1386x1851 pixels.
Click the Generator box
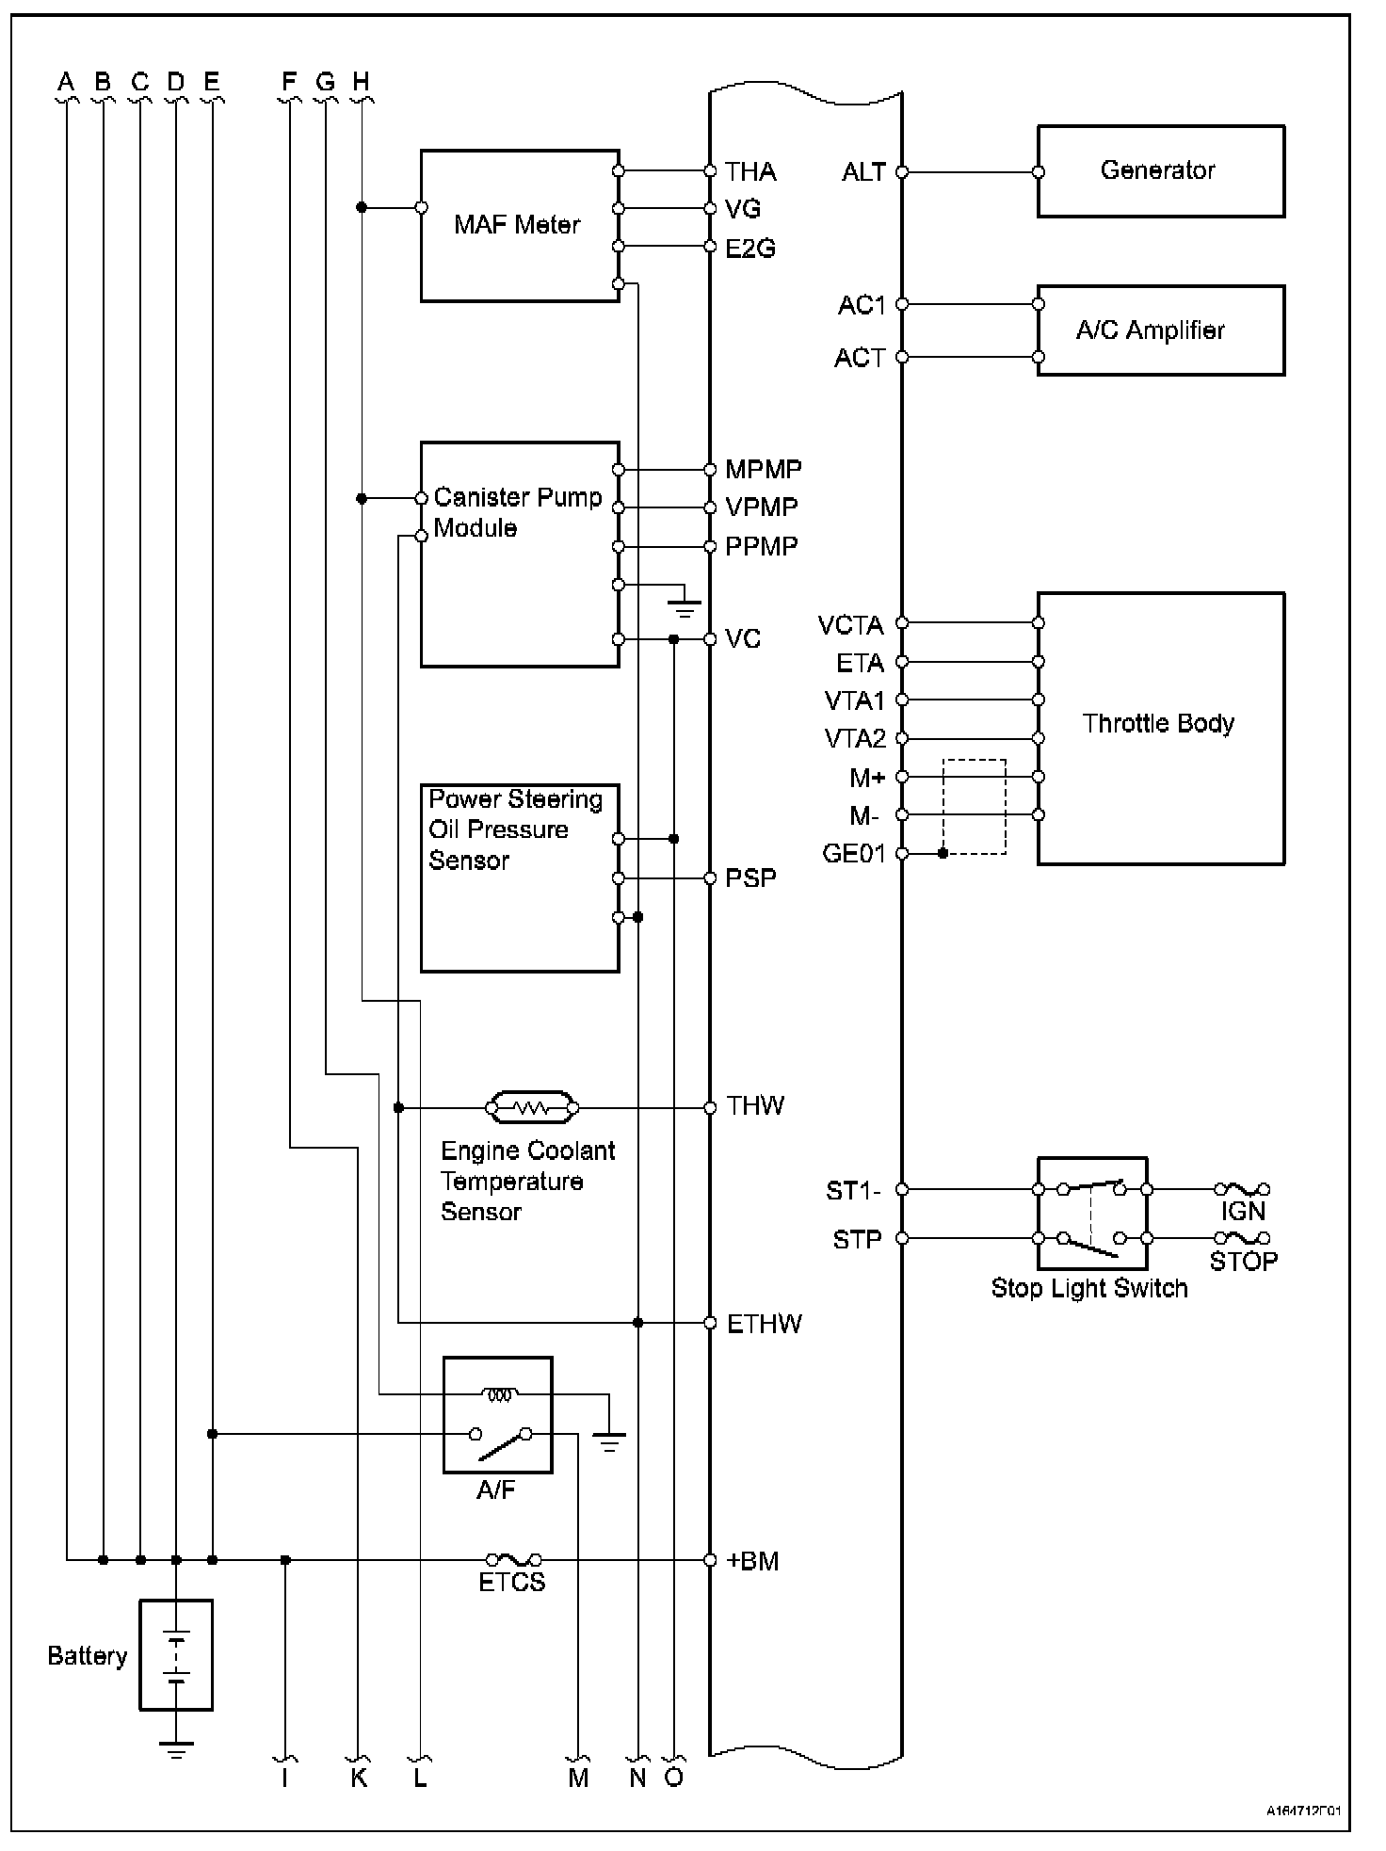point(1160,171)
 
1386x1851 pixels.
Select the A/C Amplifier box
point(1160,330)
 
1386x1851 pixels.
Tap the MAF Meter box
point(519,226)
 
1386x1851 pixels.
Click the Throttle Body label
point(1157,723)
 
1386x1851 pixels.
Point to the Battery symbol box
point(176,1654)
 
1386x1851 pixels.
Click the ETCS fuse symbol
point(513,1560)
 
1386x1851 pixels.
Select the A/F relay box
point(497,1414)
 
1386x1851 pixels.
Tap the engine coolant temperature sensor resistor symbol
point(532,1108)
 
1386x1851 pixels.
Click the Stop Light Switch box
point(1092,1213)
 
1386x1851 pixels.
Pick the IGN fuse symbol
point(1242,1190)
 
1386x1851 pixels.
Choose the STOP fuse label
point(1243,1262)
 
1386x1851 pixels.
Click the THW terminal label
point(755,1106)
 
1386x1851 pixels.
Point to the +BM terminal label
point(753,1561)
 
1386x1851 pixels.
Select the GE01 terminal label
point(853,854)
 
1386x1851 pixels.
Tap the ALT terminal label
point(863,172)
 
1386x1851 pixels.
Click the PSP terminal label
point(750,878)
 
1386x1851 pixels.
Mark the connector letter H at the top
point(361,82)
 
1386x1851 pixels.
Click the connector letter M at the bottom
point(578,1778)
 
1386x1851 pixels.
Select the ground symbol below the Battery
point(176,1749)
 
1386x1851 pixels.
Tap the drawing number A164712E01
point(1303,1811)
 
